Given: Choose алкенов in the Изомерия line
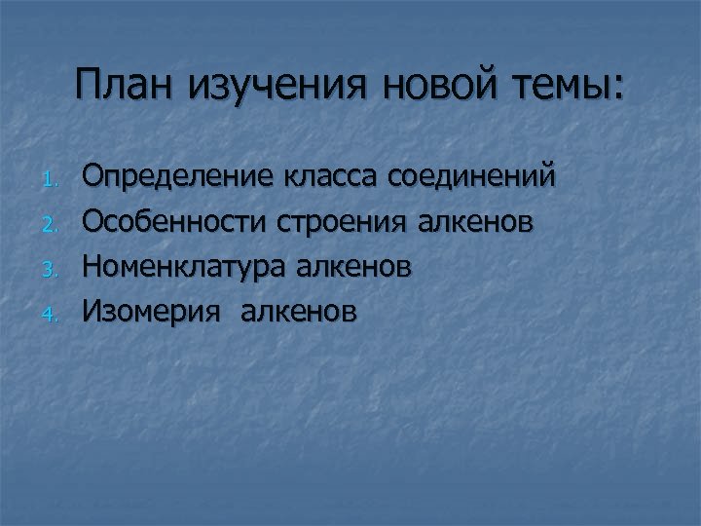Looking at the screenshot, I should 298,312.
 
